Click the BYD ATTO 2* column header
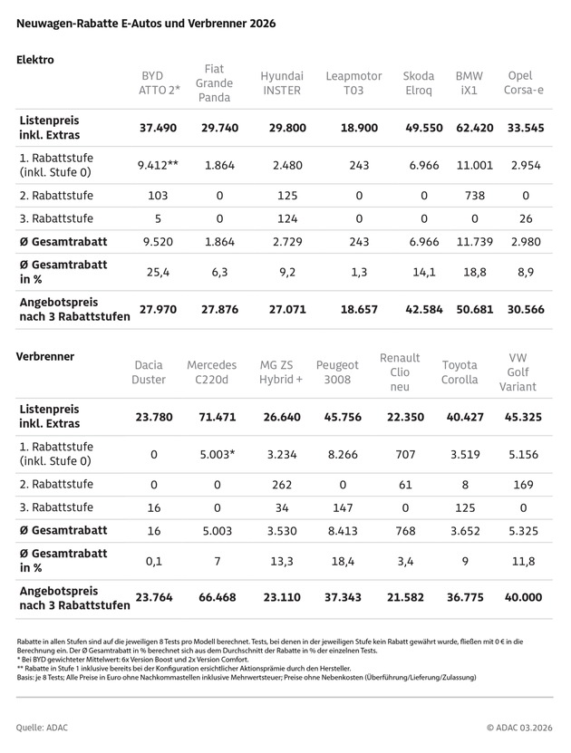[x=160, y=83]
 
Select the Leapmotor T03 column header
[x=353, y=83]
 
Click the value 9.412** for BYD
[x=160, y=165]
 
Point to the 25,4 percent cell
[x=160, y=271]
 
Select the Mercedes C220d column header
[x=211, y=372]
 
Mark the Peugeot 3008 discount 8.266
[x=337, y=453]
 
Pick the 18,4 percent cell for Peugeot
[x=337, y=560]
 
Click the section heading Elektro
[x=35, y=60]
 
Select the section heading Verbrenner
[x=45, y=356]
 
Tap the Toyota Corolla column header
[x=460, y=372]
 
